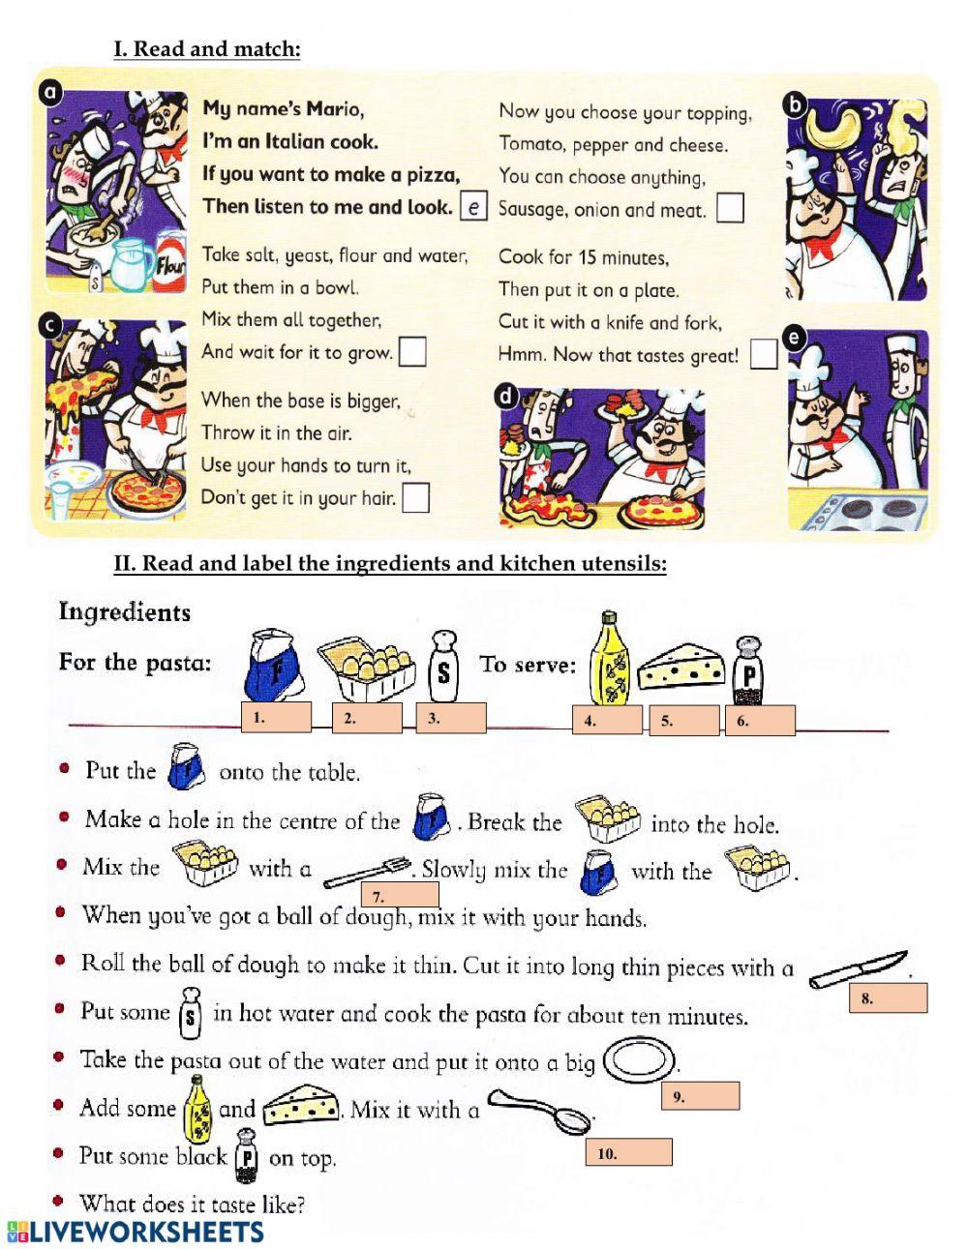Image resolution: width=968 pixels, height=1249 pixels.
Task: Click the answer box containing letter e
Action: click(x=472, y=207)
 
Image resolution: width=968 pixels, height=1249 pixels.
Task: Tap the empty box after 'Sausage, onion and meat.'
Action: click(x=730, y=208)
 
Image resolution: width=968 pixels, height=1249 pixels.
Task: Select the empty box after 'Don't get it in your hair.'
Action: click(x=415, y=497)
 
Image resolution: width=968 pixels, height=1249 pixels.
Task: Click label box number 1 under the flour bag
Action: click(x=277, y=718)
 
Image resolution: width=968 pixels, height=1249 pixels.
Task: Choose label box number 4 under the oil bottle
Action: click(x=607, y=720)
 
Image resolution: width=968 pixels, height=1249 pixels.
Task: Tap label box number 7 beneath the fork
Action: click(x=400, y=896)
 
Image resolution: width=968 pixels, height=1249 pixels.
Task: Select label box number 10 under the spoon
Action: click(x=628, y=1152)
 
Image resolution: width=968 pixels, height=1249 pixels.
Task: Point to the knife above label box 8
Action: click(x=858, y=968)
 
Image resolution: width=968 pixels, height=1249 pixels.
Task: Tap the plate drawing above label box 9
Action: click(x=638, y=1060)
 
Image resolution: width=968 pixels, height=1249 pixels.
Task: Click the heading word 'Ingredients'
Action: click(x=125, y=611)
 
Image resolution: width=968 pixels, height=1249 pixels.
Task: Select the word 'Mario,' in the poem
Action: click(x=335, y=108)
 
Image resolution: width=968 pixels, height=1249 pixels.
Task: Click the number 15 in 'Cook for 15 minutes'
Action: click(x=589, y=257)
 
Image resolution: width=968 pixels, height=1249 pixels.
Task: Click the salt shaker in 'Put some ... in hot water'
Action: click(x=191, y=1011)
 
